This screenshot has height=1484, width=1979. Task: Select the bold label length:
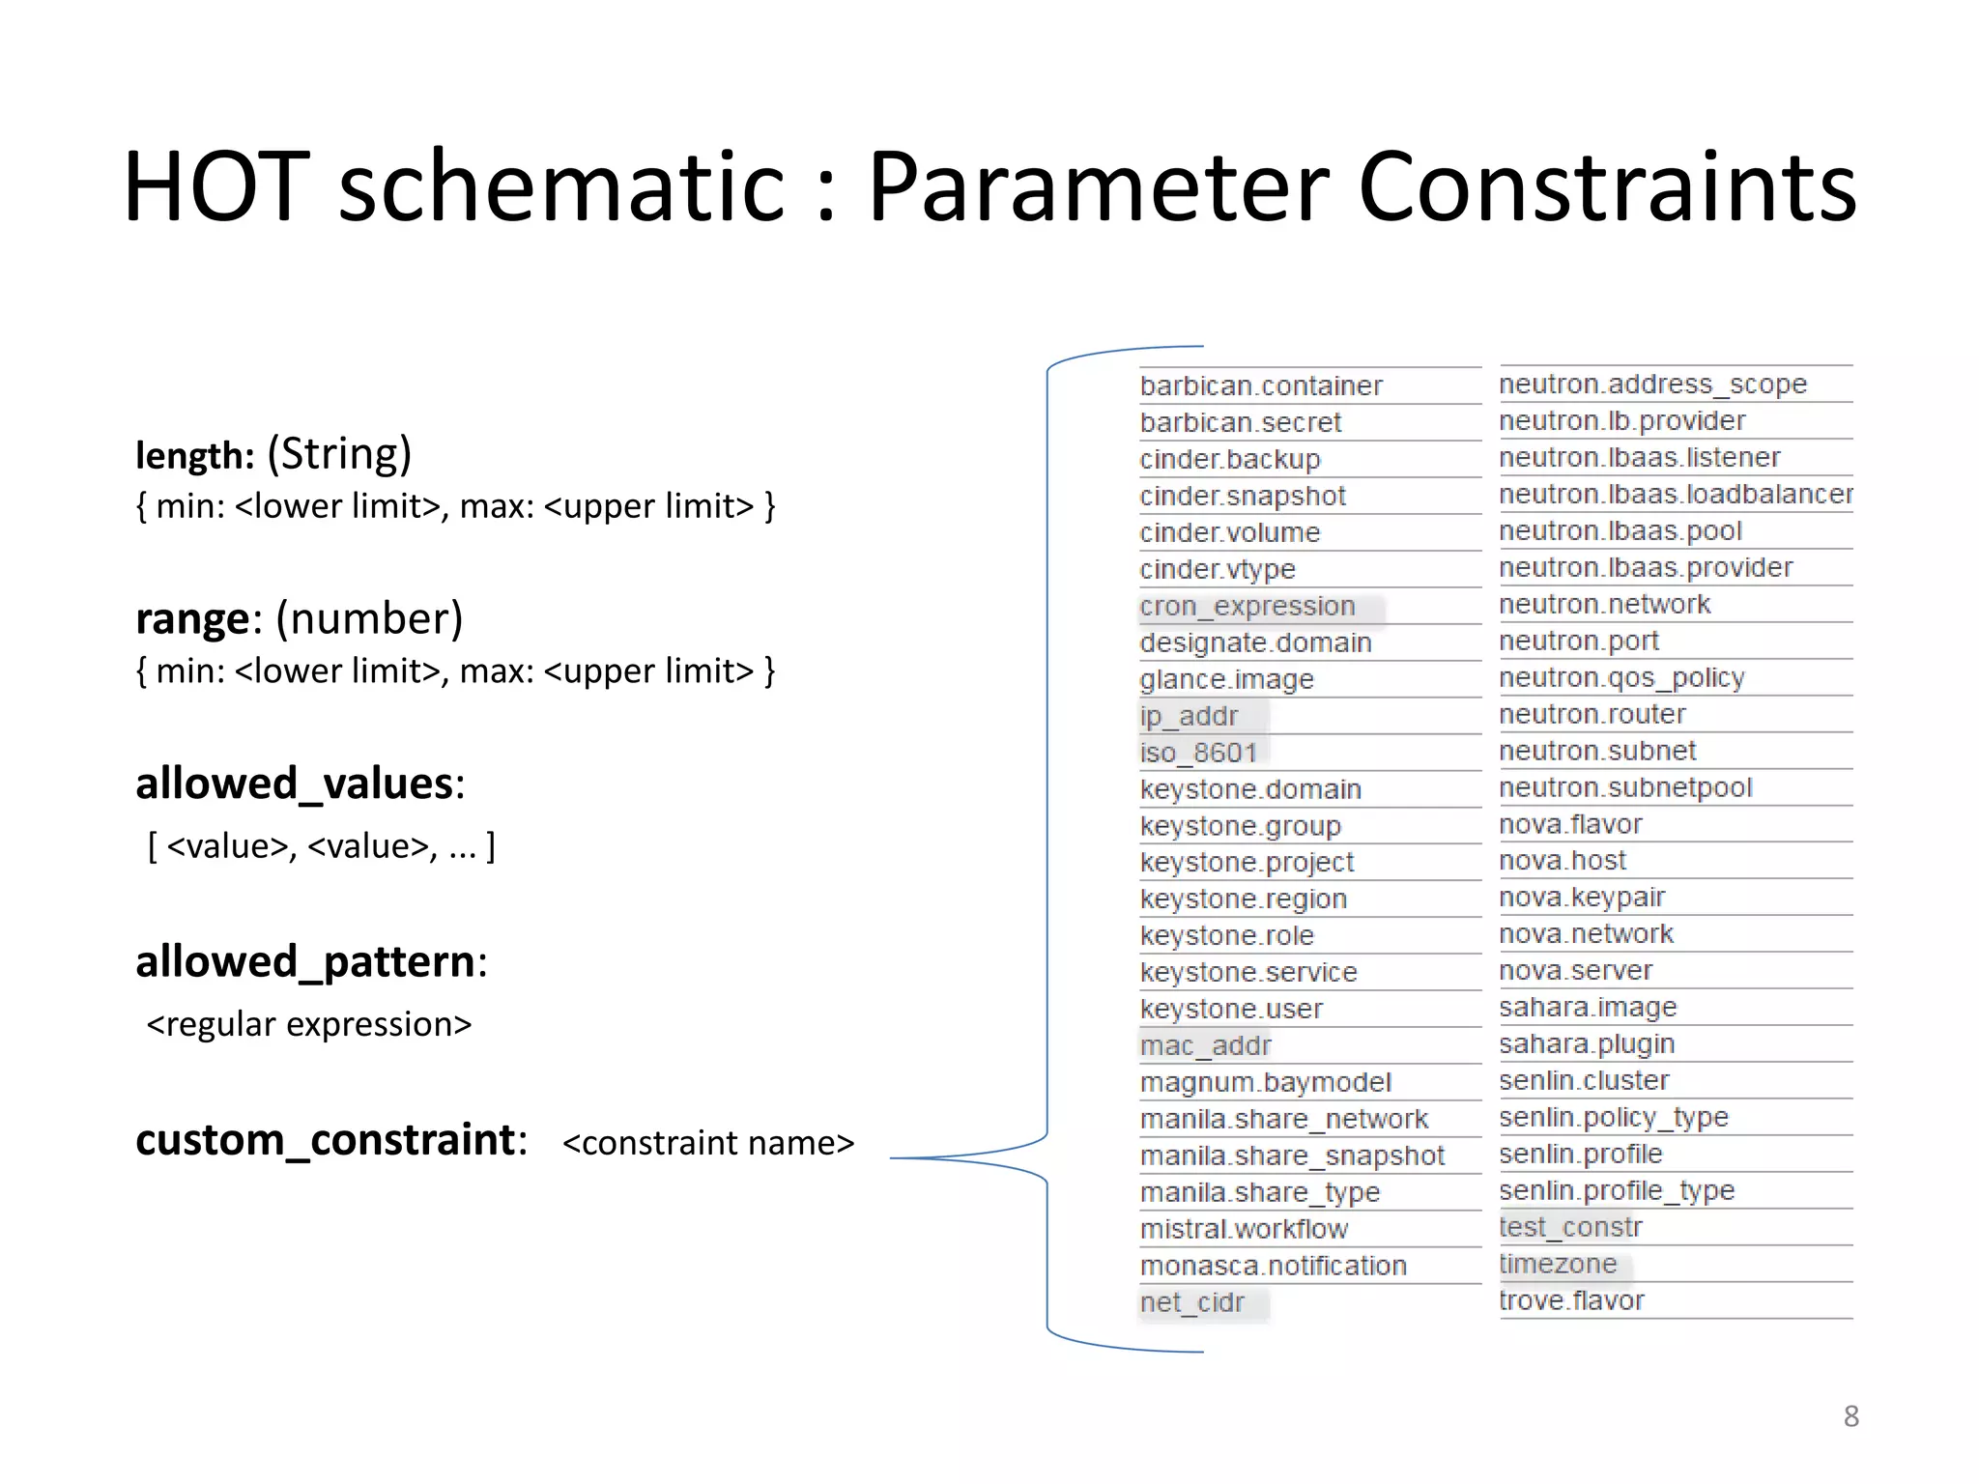click(x=194, y=455)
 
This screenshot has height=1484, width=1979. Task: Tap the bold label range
click(x=193, y=619)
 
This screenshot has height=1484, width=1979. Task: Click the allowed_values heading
click(x=295, y=783)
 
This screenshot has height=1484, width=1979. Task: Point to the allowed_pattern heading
click(x=305, y=961)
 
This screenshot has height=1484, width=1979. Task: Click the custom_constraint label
click(x=326, y=1140)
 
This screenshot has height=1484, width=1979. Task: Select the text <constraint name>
click(x=708, y=1143)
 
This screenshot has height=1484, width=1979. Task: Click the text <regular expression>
click(x=309, y=1024)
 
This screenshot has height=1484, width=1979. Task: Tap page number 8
click(x=1850, y=1416)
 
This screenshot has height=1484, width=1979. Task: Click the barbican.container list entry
click(x=1261, y=385)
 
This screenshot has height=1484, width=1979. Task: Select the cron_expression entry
click(x=1248, y=606)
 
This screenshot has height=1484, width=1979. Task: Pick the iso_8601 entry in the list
click(x=1198, y=753)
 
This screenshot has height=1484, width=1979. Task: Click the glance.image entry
click(x=1227, y=679)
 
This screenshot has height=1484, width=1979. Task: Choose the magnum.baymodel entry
click(x=1266, y=1082)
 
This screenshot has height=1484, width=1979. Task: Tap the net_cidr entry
click(x=1192, y=1302)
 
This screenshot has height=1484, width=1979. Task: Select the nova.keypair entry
click(x=1582, y=897)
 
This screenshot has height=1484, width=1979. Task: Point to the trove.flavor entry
click(x=1571, y=1300)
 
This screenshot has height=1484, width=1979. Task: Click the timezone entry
click(x=1558, y=1264)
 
